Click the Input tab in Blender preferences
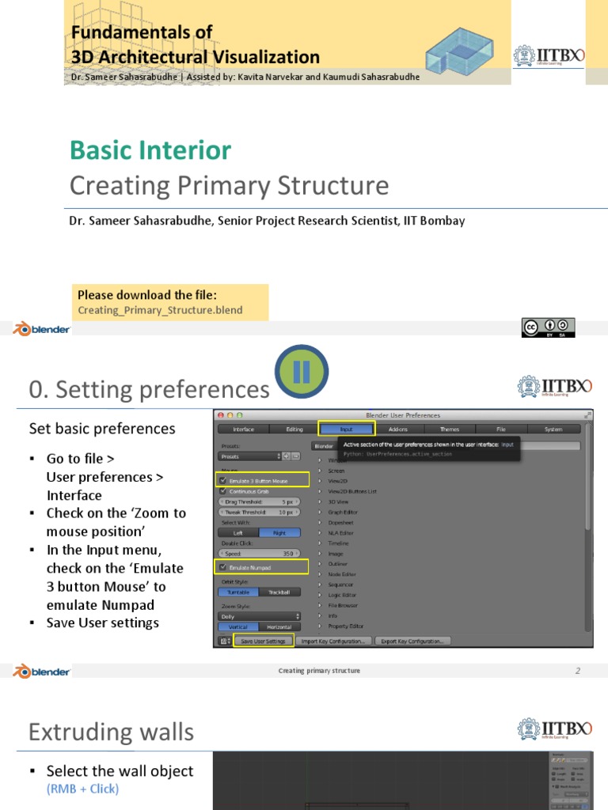[346, 429]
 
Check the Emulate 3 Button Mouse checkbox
[222, 480]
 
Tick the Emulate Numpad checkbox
[222, 566]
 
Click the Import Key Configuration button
[333, 641]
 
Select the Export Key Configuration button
[412, 641]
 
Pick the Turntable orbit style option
[240, 591]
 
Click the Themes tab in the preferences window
[449, 429]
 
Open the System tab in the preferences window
[553, 429]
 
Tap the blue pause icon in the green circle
[301, 373]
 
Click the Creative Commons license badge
[548, 327]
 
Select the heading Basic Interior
[150, 150]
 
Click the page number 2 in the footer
[578, 671]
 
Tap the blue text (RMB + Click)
[82, 789]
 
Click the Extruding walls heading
[111, 732]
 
